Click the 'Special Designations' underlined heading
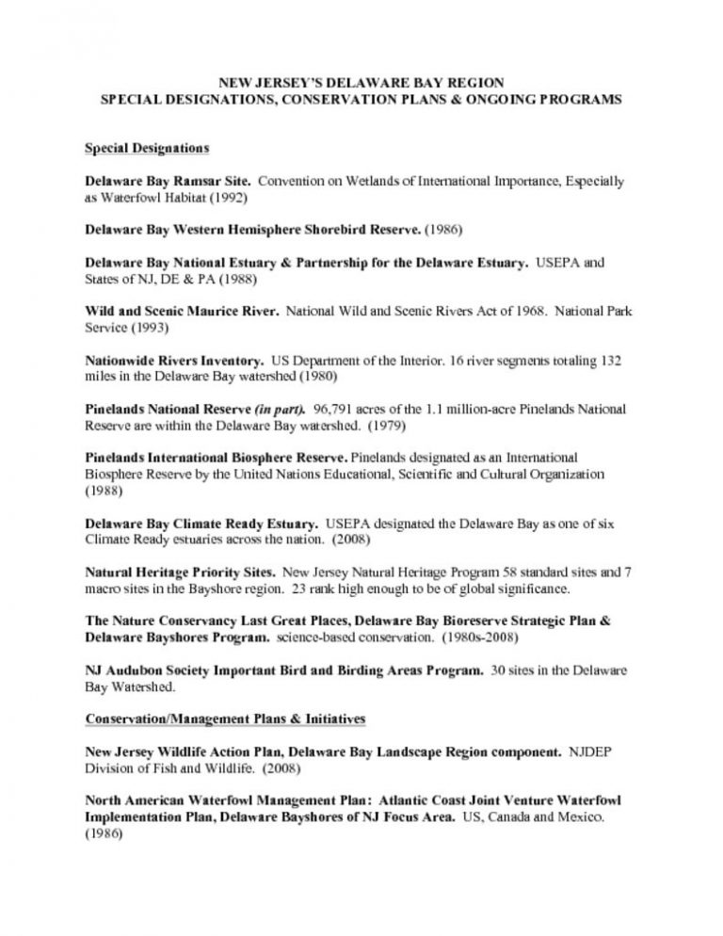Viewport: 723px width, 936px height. (147, 148)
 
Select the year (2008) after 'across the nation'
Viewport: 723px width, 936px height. (354, 540)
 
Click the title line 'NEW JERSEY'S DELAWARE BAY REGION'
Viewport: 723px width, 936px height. (361, 83)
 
